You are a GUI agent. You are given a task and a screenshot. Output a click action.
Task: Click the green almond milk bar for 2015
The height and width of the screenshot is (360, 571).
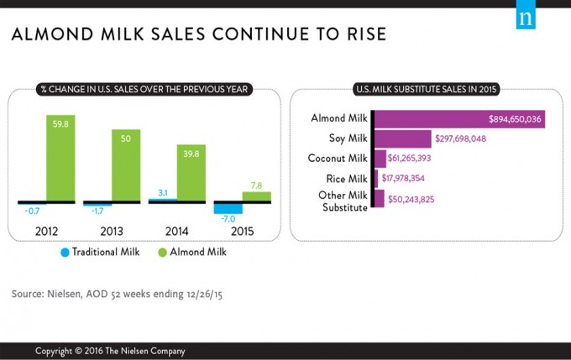[257, 197]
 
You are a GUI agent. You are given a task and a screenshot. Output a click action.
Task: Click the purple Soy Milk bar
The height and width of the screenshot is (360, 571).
[401, 138]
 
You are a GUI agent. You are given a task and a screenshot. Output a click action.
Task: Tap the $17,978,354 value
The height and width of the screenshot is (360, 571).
[412, 178]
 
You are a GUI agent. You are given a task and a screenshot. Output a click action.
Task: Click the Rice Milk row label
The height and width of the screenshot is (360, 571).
[347, 178]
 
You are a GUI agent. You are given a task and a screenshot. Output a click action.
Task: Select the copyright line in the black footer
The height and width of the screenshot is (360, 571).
[109, 350]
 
